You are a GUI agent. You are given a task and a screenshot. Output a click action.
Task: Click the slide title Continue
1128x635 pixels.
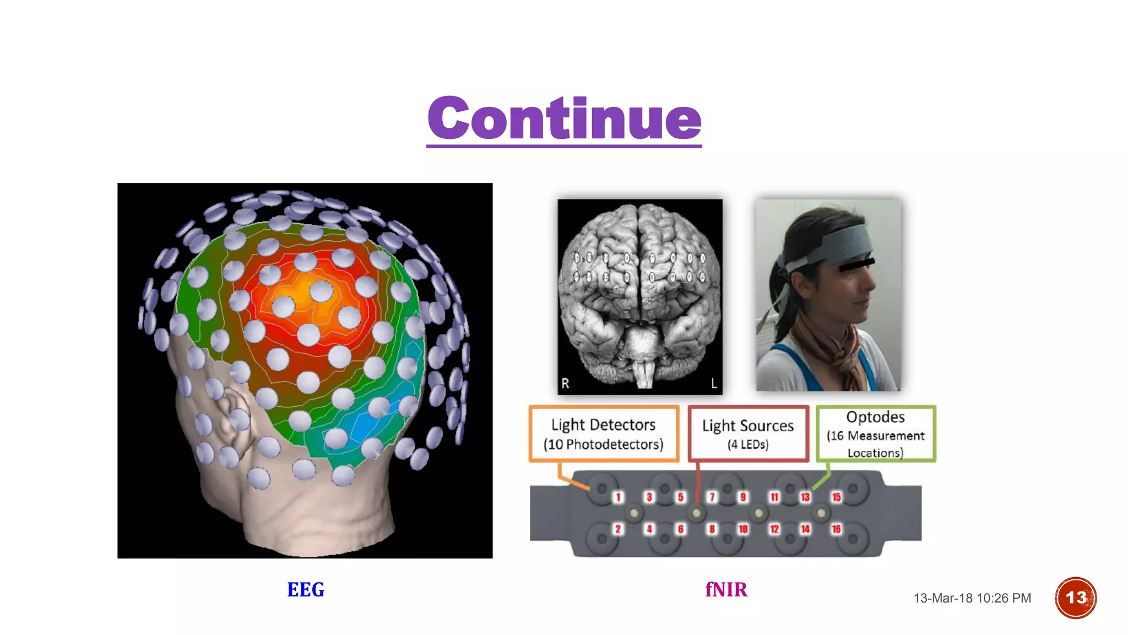[x=564, y=118]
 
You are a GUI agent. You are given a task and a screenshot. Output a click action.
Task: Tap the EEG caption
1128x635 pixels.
[x=306, y=590]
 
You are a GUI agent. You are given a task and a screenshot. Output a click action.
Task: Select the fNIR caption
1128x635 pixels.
[x=726, y=590]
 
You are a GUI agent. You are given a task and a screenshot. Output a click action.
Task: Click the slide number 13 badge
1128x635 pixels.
[x=1075, y=598]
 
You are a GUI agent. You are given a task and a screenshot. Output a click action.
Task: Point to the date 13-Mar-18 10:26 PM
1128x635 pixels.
[x=972, y=598]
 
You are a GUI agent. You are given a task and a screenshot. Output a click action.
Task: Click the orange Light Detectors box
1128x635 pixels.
[x=604, y=434]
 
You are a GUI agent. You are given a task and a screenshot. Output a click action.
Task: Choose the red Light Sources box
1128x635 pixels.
[x=748, y=434]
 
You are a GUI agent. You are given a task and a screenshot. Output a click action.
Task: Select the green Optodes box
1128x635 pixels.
[x=875, y=434]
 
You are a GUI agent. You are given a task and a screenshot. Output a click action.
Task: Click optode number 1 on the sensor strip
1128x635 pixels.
[x=618, y=497]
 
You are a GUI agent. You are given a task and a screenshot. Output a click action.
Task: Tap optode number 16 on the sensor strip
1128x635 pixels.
[x=836, y=529]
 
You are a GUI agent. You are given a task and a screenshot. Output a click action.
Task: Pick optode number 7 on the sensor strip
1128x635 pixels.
[x=712, y=497]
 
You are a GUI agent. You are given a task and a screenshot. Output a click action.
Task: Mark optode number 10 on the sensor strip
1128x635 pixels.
[x=743, y=529]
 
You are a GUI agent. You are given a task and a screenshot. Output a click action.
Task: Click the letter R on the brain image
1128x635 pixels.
[x=565, y=383]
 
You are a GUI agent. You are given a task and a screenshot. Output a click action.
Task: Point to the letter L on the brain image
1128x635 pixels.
[x=714, y=383]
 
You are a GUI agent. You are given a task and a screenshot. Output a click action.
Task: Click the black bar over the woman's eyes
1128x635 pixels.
[x=856, y=265]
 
